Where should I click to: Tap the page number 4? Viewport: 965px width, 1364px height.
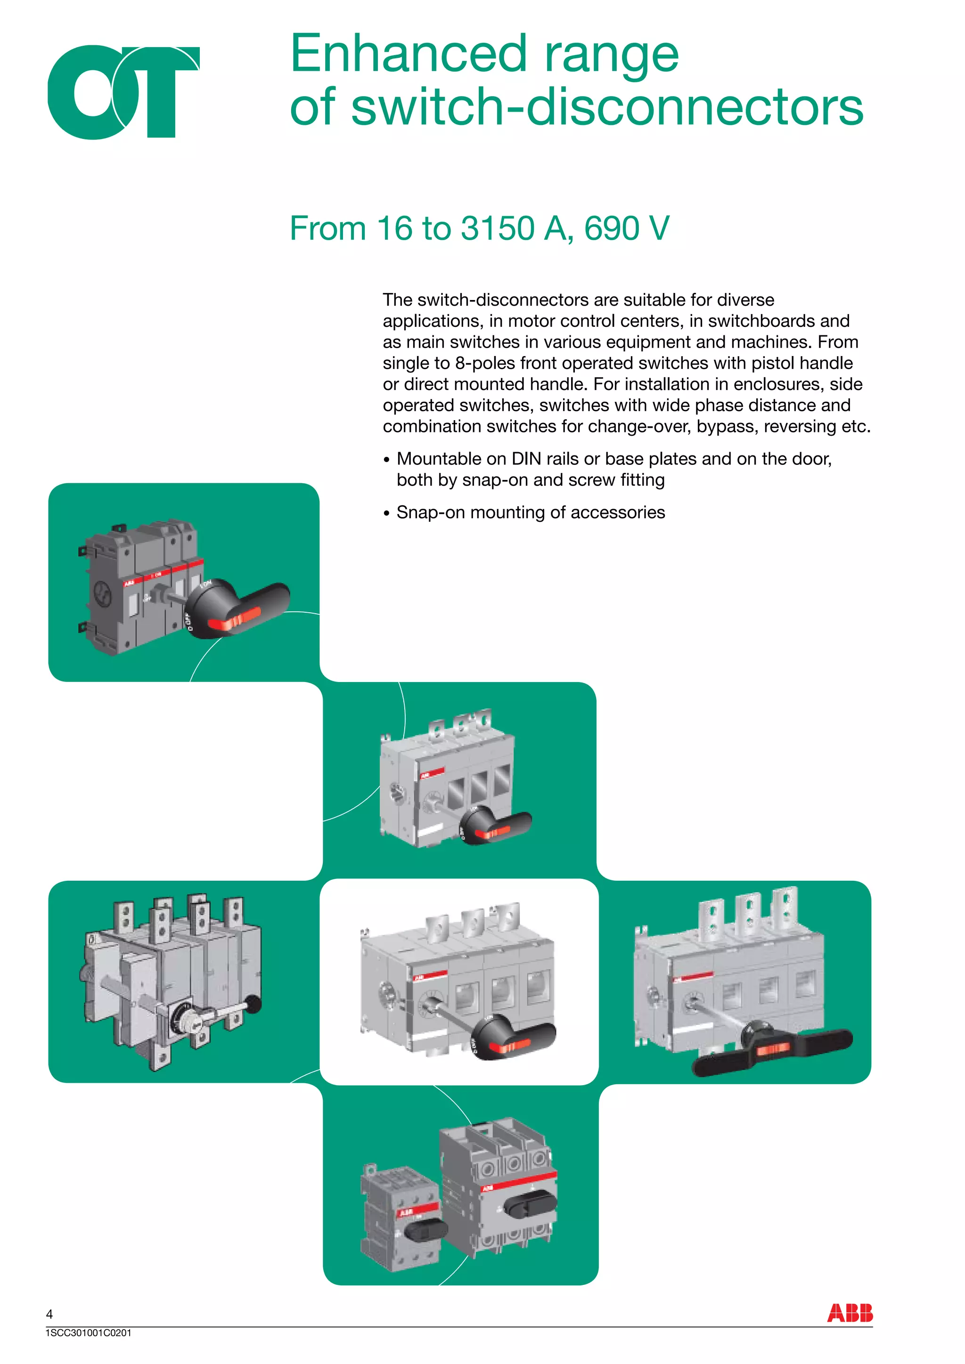tap(49, 1314)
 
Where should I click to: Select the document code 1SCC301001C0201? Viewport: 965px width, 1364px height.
tap(88, 1333)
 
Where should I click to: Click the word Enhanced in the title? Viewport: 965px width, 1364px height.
tap(408, 55)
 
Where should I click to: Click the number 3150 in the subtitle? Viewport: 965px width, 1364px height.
tap(498, 229)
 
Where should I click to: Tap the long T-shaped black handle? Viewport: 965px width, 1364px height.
tap(772, 1048)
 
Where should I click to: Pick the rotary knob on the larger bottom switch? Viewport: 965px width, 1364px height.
tap(531, 1204)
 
